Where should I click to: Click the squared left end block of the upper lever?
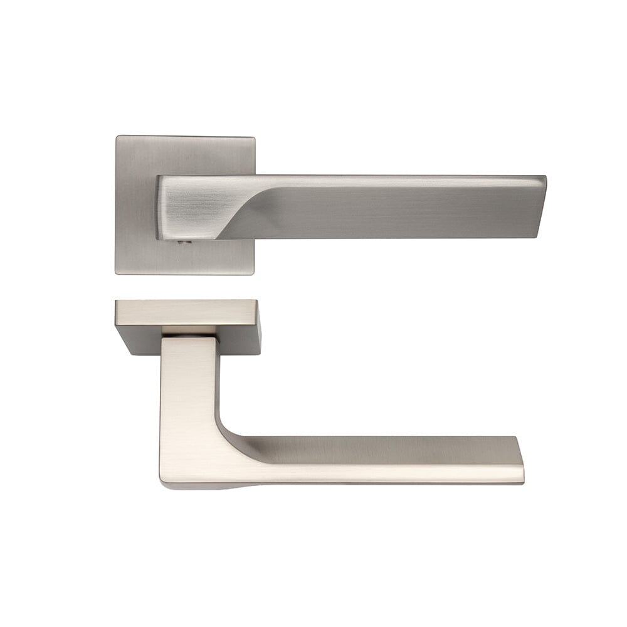[x=185, y=207]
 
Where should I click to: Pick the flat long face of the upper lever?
[x=389, y=207]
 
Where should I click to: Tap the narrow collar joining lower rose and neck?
[x=189, y=330]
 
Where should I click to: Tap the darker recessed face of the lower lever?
[x=376, y=450]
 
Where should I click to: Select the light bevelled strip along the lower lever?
[x=376, y=474]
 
